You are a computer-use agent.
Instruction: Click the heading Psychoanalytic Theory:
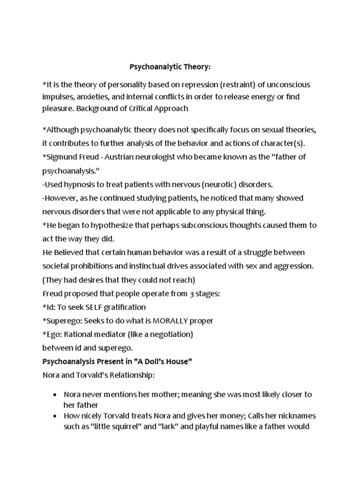170,67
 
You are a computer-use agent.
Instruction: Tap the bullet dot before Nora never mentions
55,395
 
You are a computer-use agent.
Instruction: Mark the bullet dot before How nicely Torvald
55,416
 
